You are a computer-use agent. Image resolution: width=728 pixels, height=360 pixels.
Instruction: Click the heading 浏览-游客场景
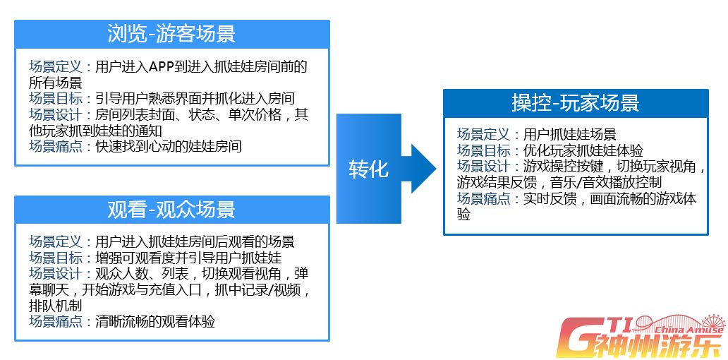coord(171,34)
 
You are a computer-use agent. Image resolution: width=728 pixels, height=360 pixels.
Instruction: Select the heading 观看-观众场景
coord(171,210)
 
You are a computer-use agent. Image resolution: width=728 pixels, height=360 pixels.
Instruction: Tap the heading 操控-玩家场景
coord(576,103)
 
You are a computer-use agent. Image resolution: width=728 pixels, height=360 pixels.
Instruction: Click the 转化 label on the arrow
coord(368,169)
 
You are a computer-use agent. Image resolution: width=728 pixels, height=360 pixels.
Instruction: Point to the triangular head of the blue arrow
coord(423,168)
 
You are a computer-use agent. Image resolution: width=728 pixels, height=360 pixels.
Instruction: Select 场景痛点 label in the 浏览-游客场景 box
coord(56,146)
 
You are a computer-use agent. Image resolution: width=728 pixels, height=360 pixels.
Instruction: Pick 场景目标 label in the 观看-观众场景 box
coord(56,258)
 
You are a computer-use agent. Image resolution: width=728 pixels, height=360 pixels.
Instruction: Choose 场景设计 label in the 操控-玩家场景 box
coord(484,166)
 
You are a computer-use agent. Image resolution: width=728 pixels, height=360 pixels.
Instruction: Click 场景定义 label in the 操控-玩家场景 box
coord(484,134)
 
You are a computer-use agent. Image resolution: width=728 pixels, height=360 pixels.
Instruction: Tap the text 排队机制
coord(56,306)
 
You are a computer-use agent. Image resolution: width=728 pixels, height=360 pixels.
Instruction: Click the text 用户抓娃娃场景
coord(570,134)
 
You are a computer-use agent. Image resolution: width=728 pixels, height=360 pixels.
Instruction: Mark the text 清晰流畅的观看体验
coord(155,321)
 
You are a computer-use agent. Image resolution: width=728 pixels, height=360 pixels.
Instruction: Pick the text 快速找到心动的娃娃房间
coord(169,146)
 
